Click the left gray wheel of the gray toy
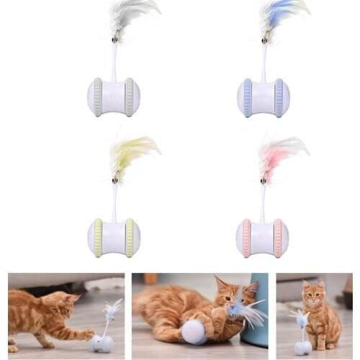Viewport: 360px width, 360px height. [x=97, y=97]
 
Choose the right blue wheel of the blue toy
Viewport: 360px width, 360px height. [x=279, y=98]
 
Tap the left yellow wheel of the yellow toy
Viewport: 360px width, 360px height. [x=97, y=238]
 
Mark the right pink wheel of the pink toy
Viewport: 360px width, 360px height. [x=278, y=238]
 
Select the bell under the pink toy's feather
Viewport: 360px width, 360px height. [x=264, y=180]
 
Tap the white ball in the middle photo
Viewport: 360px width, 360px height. [x=194, y=332]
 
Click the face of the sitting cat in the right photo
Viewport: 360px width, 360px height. [x=313, y=296]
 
